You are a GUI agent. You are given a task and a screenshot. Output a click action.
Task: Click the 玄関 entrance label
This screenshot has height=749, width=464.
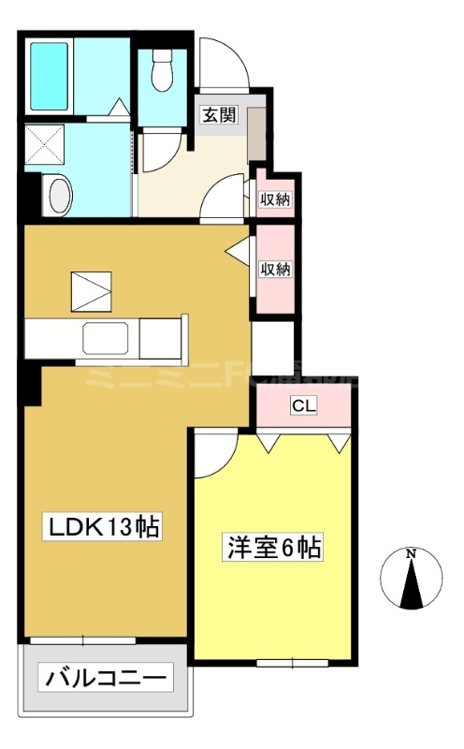[x=219, y=116]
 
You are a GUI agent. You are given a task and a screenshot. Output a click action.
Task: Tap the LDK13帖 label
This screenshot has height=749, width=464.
[x=106, y=528]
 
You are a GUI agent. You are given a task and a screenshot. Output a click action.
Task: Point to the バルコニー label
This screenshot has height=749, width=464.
[x=106, y=677]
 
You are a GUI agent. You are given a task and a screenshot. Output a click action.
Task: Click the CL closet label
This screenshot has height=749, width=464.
[x=302, y=406]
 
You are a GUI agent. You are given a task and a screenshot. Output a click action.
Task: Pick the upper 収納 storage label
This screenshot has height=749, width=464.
[x=276, y=198]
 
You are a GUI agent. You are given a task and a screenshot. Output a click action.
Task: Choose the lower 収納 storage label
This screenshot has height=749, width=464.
[x=276, y=270]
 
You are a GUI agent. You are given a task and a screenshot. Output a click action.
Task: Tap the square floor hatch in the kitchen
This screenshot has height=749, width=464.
[x=93, y=290]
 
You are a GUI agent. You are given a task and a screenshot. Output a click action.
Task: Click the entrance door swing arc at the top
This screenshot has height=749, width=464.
[x=224, y=66]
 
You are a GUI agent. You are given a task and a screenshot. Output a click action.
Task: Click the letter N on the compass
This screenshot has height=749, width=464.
[x=411, y=554]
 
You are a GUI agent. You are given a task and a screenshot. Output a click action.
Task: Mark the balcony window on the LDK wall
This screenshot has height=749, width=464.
[x=82, y=640]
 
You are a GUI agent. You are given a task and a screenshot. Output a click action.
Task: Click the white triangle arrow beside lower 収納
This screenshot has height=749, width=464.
[x=239, y=251]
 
